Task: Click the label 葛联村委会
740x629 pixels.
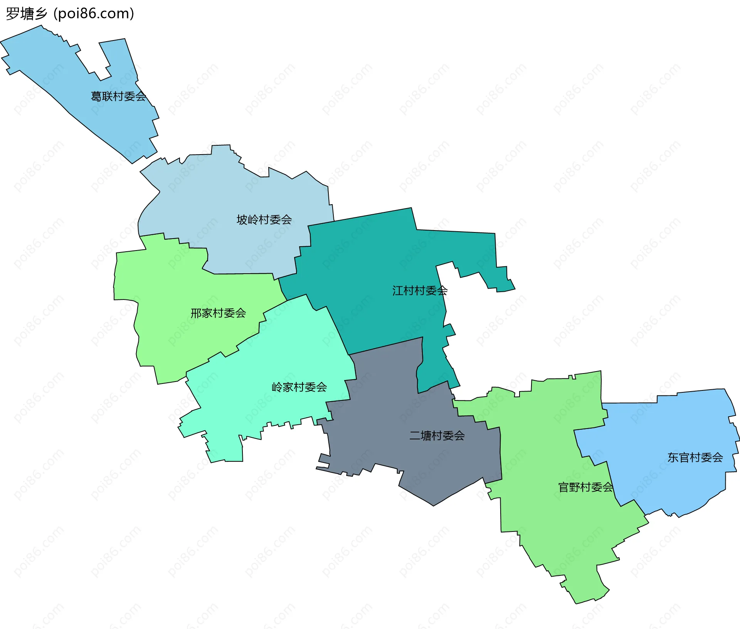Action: pos(118,96)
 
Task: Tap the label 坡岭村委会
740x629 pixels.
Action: pos(264,220)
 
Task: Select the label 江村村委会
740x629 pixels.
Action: pos(420,291)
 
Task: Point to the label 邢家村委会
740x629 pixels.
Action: pos(218,313)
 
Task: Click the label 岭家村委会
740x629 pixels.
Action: pos(299,387)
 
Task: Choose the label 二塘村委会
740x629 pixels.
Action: pos(437,436)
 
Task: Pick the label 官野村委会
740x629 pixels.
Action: pos(585,488)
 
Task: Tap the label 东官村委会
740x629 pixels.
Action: pos(695,457)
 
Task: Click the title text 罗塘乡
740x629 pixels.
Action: pos(27,14)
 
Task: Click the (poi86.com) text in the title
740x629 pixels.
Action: pos(94,14)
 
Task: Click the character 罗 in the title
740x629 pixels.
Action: pos(12,14)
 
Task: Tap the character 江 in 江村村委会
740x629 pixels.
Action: pos(398,291)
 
